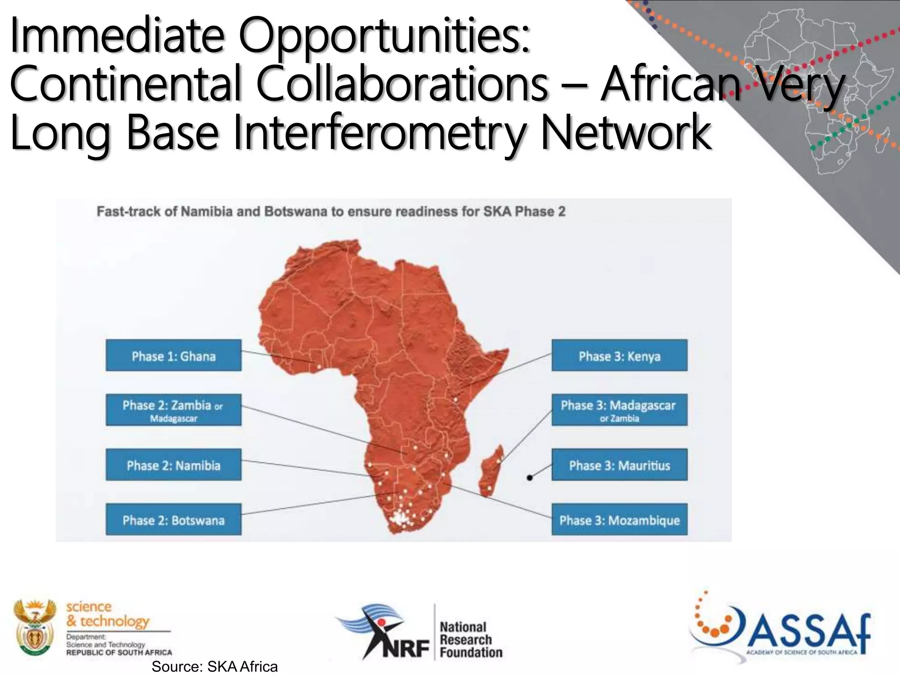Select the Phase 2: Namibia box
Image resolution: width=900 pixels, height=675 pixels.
click(174, 465)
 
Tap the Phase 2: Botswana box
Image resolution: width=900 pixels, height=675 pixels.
click(174, 519)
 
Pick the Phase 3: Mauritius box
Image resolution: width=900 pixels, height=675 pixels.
click(619, 465)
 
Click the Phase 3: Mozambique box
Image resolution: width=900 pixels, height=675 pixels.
click(619, 519)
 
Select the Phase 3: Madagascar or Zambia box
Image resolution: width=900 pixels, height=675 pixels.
click(619, 410)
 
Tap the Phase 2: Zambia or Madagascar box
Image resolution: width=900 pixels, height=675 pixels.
click(174, 410)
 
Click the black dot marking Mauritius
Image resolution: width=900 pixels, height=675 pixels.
click(530, 477)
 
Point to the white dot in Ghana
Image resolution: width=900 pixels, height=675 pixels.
click(319, 366)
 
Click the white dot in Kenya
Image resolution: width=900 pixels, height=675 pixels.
click(456, 400)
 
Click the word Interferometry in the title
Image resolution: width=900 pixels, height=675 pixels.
click(382, 132)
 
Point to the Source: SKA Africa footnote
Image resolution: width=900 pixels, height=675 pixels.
click(214, 667)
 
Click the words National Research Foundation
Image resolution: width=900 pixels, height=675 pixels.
click(470, 639)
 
